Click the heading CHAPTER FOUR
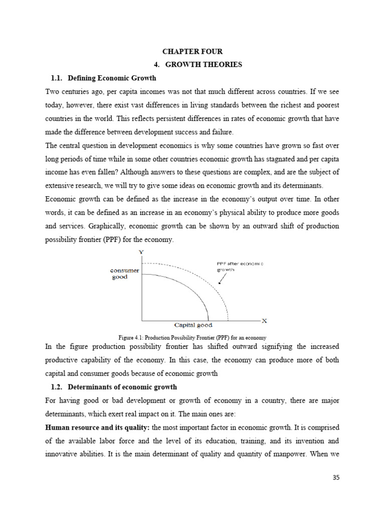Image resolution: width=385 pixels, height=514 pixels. coord(192,51)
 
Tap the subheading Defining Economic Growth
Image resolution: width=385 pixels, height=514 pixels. coord(112,78)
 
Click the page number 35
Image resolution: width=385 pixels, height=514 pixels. coord(335,477)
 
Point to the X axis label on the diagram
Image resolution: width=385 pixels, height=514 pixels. coord(264,320)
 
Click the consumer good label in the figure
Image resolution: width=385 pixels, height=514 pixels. coord(124,274)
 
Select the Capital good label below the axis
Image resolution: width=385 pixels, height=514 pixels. coord(193,325)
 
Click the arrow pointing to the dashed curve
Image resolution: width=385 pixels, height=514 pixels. coord(221,279)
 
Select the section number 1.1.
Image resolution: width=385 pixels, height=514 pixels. coord(58,78)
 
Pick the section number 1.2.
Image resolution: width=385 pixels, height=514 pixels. coord(58,388)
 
